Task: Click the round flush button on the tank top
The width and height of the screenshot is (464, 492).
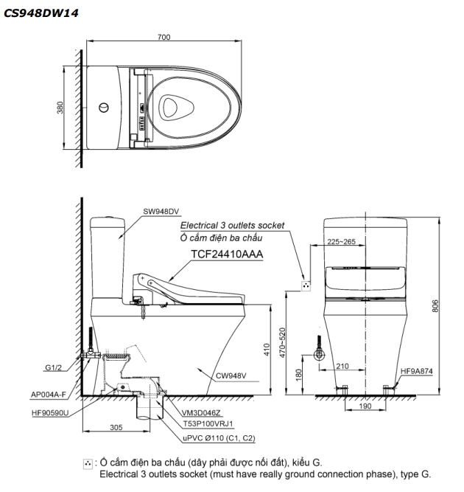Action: click(105, 108)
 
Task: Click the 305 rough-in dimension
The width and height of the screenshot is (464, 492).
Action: click(116, 426)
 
